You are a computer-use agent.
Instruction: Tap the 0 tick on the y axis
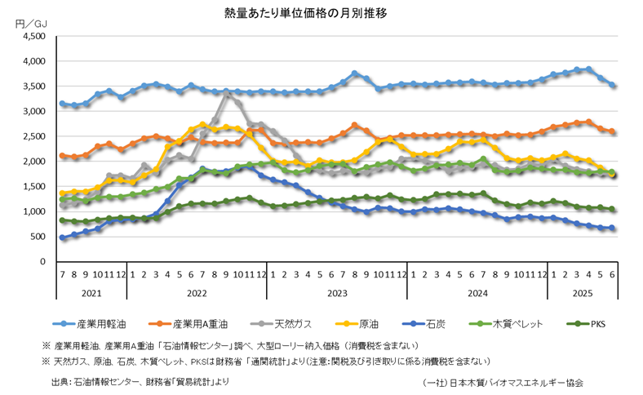[x=47, y=262]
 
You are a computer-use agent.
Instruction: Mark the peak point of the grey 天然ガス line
[x=227, y=95]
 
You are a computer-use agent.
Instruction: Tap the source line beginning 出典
[x=140, y=381]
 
